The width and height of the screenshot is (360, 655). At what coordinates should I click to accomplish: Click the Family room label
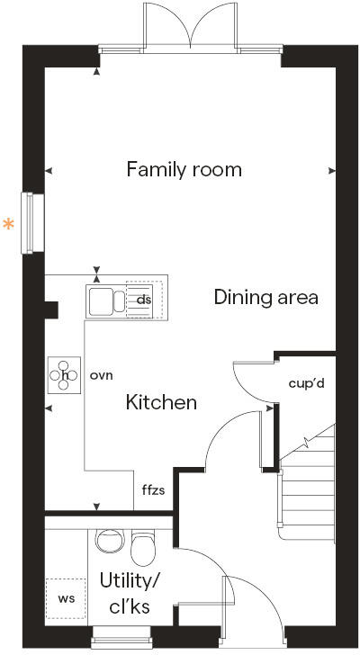184,169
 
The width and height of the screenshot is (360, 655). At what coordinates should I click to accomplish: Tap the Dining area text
265,297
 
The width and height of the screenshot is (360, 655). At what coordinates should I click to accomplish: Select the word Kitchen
161,402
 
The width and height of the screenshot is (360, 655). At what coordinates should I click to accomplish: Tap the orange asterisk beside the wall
9,225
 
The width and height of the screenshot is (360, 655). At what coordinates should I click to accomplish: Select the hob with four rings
65,375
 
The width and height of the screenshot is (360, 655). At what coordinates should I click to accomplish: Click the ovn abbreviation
102,375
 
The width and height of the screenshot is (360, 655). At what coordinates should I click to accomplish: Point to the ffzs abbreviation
153,491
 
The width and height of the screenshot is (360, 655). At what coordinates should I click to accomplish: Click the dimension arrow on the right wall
332,170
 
